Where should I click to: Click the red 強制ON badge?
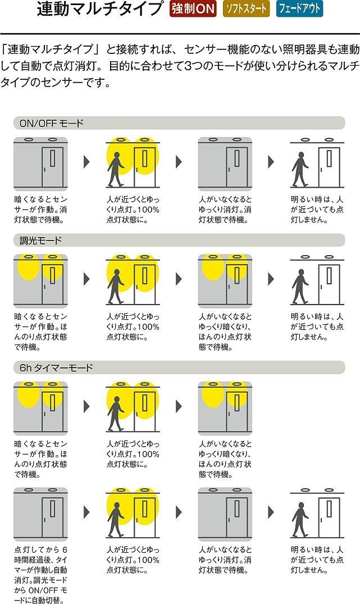tap(193, 9)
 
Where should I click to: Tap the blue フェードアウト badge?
tap(299, 9)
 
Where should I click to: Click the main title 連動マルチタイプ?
tap(100, 9)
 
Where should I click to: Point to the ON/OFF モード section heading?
tap(52, 123)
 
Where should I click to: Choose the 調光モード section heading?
tap(41, 240)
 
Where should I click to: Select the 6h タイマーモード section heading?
tap(56, 368)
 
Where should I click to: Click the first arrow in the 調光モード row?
tap(86, 279)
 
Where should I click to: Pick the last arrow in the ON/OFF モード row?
tap(271, 162)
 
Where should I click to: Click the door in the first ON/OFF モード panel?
tap(52, 167)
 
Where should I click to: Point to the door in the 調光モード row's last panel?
tap(329, 284)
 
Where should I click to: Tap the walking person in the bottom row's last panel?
tap(300, 519)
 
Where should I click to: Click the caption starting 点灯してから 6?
tap(41, 575)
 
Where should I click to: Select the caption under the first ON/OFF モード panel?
tap(41, 210)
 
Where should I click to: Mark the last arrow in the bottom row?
tap(271, 512)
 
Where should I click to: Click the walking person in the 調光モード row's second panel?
tap(116, 287)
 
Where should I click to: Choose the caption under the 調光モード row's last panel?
tap(317, 326)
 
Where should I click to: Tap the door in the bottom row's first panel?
tap(52, 517)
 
